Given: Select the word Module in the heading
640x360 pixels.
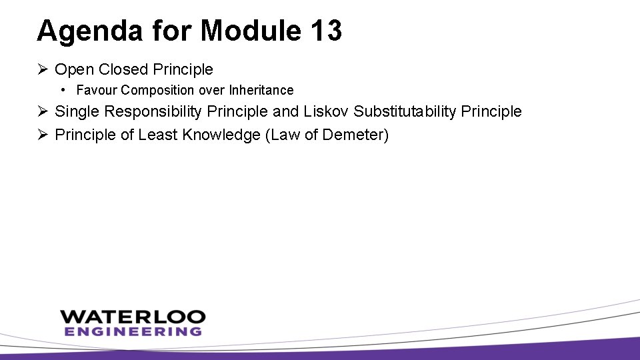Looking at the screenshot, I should coord(250,31).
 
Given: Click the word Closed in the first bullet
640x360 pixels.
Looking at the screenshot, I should coord(121,69).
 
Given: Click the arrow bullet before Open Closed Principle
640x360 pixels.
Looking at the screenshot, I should coord(43,69).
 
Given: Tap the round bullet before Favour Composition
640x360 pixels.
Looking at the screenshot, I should coord(61,89).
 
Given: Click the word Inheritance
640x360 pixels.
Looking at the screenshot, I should coord(261,90).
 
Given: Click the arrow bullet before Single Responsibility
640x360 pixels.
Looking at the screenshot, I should coord(43,112).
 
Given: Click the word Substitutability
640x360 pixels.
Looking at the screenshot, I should coord(409,112).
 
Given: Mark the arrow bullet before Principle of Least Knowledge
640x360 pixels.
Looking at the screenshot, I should coord(43,135).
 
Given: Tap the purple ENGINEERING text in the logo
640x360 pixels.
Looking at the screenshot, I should coord(133,331).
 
